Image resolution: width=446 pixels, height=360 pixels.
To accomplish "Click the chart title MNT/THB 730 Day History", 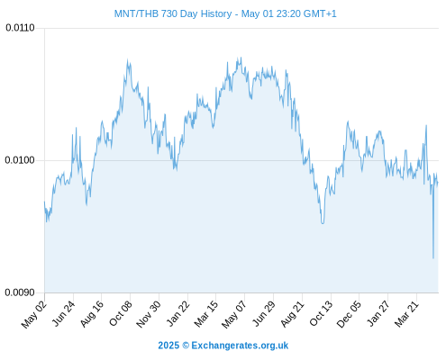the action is pyautogui.click(x=173, y=13).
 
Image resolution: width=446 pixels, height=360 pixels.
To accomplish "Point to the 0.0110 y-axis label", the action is pyautogui.click(x=20, y=28).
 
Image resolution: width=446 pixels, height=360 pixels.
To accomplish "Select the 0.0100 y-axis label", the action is pyautogui.click(x=20, y=160).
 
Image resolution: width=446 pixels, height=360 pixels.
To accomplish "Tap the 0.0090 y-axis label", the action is pyautogui.click(x=20, y=292).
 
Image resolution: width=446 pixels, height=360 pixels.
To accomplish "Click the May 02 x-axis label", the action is pyautogui.click(x=34, y=314).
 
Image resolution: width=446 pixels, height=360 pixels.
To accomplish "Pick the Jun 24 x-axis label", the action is pyautogui.click(x=63, y=313).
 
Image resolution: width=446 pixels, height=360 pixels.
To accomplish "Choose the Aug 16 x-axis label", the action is pyautogui.click(x=92, y=314).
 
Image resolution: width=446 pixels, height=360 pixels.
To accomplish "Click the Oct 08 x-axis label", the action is pyautogui.click(x=121, y=314).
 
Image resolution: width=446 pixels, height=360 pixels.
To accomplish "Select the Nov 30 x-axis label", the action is pyautogui.click(x=149, y=314).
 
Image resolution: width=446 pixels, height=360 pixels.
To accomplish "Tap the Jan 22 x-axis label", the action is pyautogui.click(x=178, y=314).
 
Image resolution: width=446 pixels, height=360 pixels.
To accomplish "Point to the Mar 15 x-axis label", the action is pyautogui.click(x=206, y=314).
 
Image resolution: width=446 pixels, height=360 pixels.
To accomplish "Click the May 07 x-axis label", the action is pyautogui.click(x=234, y=314).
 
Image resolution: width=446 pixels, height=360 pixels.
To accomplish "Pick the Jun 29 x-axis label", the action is pyautogui.click(x=264, y=313).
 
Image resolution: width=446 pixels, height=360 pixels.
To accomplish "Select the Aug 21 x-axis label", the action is pyautogui.click(x=292, y=314).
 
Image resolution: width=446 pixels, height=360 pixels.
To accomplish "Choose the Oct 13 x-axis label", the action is pyautogui.click(x=321, y=314).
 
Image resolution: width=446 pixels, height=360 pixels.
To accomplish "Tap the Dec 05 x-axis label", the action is pyautogui.click(x=349, y=314).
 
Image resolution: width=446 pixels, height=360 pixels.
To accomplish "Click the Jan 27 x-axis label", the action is pyautogui.click(x=378, y=314).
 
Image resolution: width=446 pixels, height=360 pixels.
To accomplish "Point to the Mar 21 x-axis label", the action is pyautogui.click(x=406, y=314).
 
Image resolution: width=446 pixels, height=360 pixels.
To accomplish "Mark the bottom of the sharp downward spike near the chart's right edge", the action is pyautogui.click(x=433, y=258).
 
